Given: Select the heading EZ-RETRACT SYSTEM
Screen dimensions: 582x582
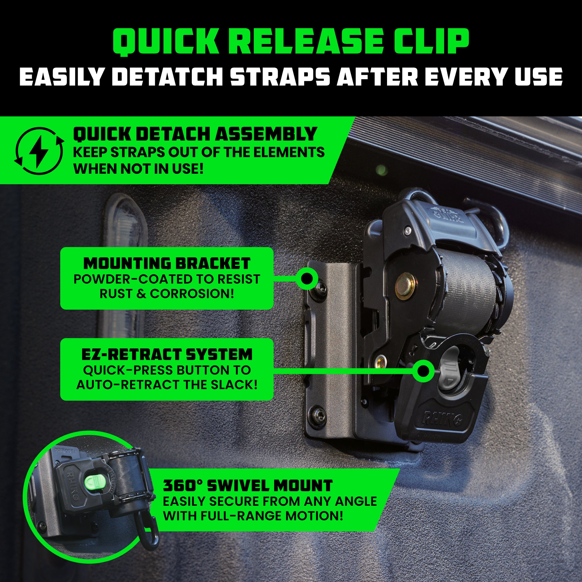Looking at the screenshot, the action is coord(166,354).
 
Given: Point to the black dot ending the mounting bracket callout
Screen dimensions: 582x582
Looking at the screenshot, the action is coord(307,279).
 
